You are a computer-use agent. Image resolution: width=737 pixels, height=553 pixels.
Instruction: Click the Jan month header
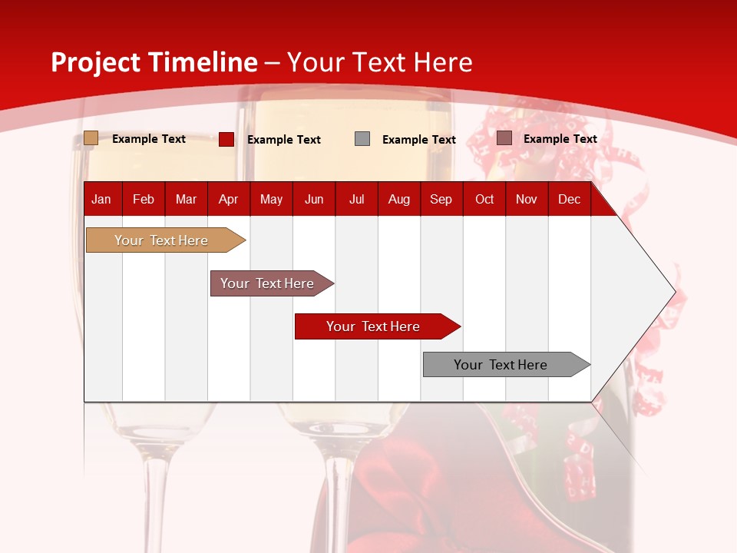(101, 199)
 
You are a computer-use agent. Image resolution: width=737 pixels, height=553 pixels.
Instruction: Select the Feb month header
(144, 199)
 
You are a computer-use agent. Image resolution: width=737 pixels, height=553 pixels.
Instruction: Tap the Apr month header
(228, 199)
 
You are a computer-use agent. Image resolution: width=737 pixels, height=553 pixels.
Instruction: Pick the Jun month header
(314, 199)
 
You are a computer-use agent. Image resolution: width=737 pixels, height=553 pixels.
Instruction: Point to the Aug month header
(398, 199)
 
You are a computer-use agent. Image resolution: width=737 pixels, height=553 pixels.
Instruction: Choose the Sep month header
(441, 199)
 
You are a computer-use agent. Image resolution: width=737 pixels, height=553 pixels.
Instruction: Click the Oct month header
(484, 199)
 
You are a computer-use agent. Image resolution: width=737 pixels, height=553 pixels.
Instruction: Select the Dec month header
(569, 199)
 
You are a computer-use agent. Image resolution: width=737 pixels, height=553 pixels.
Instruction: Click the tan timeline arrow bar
(161, 240)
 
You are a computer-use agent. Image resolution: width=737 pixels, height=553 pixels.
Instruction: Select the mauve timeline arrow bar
(267, 283)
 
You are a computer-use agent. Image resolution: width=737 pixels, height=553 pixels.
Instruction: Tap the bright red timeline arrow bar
(373, 326)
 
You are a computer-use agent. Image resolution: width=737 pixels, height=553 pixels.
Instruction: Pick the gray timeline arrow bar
(501, 365)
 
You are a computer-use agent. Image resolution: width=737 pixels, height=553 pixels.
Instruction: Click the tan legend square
(91, 138)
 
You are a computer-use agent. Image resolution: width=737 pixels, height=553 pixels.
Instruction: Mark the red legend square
(226, 139)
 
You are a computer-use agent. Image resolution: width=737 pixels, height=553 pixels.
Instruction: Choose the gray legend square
(362, 139)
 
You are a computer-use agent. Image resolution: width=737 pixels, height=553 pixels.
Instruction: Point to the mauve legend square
(504, 138)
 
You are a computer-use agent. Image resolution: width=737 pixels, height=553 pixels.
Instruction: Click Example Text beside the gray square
(418, 140)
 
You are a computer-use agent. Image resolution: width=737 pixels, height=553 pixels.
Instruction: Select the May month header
(271, 199)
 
